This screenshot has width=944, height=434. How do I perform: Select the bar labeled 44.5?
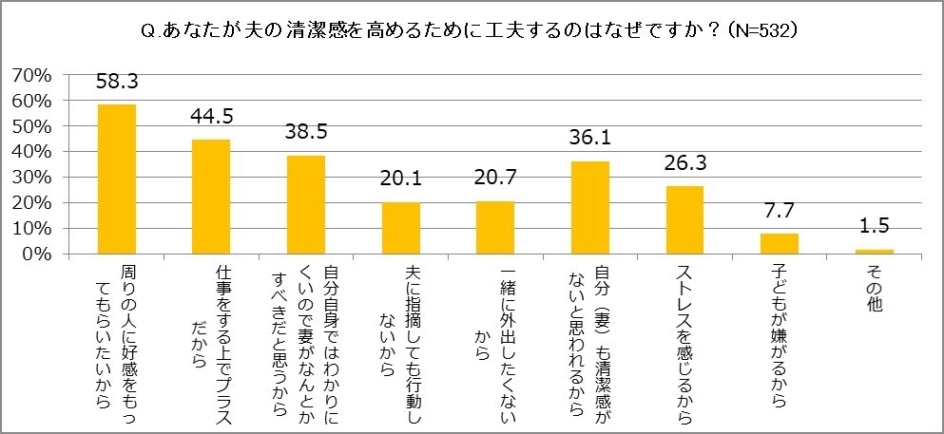point(211,197)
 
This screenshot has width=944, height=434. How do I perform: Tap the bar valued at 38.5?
point(306,204)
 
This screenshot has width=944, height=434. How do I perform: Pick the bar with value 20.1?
point(400,228)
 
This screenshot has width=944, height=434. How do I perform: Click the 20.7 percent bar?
point(495,227)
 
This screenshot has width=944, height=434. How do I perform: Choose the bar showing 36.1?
point(589,207)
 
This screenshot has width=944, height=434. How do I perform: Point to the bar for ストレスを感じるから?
point(684,219)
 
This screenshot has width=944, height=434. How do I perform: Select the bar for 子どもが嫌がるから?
point(779,243)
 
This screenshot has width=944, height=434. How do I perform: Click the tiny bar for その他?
point(874,252)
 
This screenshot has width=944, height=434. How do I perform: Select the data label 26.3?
point(684,166)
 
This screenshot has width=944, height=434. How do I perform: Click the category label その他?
point(874,286)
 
